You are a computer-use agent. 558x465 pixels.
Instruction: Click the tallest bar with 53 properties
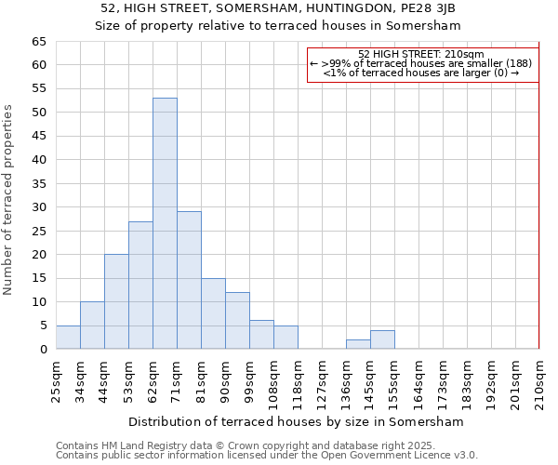(x=165, y=223)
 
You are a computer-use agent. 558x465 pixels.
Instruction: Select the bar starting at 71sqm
(x=189, y=280)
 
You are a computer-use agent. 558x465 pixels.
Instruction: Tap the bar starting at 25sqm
(x=68, y=338)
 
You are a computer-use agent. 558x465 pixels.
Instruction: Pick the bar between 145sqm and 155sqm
(x=382, y=339)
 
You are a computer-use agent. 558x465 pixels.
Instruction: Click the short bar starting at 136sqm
(x=358, y=344)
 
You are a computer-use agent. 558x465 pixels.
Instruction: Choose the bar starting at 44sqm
(x=116, y=301)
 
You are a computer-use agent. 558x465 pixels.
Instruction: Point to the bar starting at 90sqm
(x=237, y=321)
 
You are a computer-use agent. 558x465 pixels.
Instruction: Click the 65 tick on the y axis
(x=38, y=42)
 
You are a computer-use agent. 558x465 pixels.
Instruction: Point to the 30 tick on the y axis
(x=38, y=207)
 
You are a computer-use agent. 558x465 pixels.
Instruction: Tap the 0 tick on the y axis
(x=42, y=350)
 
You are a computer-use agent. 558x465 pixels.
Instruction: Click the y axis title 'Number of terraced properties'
(x=9, y=200)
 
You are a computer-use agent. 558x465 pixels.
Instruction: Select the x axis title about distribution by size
(x=296, y=421)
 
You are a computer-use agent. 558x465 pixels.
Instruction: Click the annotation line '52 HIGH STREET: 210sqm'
(x=421, y=55)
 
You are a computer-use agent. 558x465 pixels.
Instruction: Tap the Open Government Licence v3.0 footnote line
(x=267, y=455)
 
